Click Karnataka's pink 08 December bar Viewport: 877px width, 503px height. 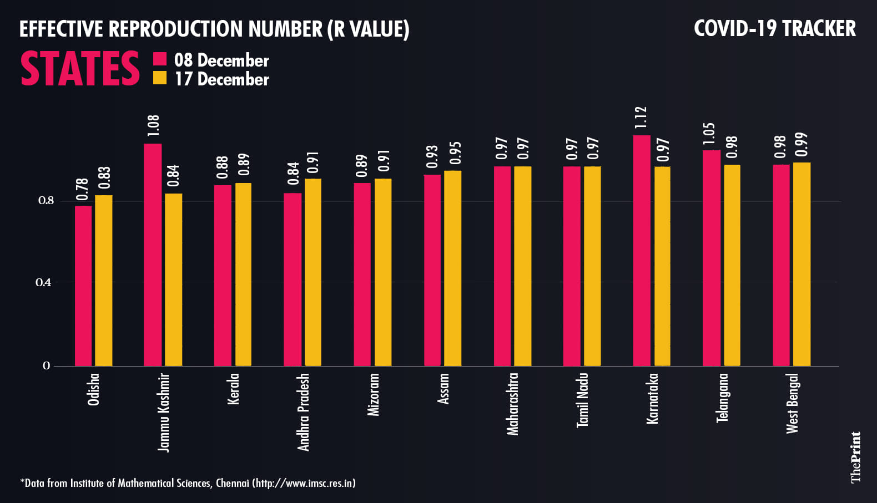click(x=641, y=251)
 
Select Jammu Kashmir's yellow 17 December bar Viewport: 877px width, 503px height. click(x=173, y=280)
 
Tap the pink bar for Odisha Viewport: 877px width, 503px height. click(x=83, y=286)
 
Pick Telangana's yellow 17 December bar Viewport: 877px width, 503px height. click(x=732, y=265)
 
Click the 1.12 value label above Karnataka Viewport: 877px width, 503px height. click(x=641, y=118)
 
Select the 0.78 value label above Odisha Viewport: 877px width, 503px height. click(x=83, y=190)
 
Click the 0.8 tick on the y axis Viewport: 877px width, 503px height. click(x=46, y=201)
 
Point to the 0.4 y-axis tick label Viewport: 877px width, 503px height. click(x=43, y=283)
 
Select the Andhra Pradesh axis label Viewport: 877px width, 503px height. click(x=303, y=411)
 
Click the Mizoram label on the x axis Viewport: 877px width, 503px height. click(x=374, y=394)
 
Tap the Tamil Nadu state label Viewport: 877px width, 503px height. click(x=582, y=400)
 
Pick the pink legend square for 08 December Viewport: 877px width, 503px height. click(x=160, y=59)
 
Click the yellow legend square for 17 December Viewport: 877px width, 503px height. click(x=160, y=78)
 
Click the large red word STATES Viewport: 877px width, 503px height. click(x=80, y=69)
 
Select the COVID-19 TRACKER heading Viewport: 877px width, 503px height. click(x=774, y=29)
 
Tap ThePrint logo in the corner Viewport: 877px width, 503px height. click(x=855, y=457)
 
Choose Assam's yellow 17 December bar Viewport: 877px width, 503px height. click(x=452, y=268)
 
